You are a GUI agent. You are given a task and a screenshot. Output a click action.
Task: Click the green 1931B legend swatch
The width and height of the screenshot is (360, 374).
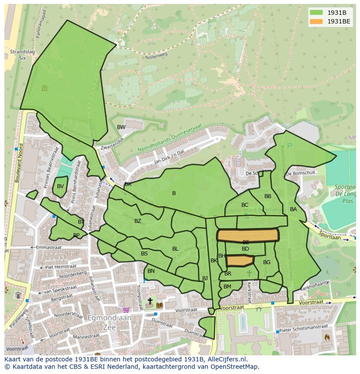317,12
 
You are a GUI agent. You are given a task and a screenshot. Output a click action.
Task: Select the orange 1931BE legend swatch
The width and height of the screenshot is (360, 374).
317,21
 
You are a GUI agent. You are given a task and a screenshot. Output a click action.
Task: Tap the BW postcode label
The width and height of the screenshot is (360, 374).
121,127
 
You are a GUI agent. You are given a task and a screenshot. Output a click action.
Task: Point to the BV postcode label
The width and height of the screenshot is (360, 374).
60,186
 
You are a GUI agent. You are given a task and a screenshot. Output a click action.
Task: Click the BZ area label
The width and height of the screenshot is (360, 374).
138,221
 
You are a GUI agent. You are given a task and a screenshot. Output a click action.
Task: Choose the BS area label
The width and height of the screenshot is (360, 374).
144,254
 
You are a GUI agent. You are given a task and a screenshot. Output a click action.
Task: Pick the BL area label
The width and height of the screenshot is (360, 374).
175,249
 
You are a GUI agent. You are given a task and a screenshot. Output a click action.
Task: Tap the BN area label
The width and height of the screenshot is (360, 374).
151,271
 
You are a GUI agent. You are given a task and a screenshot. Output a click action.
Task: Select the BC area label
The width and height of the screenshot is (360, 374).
245,205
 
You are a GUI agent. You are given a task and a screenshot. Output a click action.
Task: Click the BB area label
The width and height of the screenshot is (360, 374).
268,196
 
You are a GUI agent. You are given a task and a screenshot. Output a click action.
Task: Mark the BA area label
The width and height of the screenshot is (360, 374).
293,209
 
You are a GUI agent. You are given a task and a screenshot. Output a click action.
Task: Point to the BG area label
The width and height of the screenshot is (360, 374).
267,262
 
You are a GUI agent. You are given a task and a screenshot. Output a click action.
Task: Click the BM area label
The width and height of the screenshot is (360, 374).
227,287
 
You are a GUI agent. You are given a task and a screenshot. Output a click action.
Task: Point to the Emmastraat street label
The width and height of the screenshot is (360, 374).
49,247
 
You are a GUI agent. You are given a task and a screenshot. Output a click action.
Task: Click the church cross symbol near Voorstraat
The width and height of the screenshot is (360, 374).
150,301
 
